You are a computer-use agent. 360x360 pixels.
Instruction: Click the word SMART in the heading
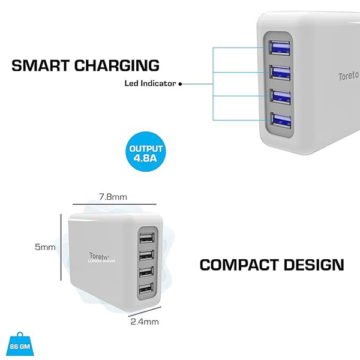coord(41,65)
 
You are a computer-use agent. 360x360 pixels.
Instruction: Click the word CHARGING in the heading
coord(116,65)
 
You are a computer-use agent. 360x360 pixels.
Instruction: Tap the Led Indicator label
coord(150,84)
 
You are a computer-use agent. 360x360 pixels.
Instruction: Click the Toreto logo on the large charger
coord(348,77)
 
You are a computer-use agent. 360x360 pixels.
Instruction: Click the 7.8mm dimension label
coord(113,196)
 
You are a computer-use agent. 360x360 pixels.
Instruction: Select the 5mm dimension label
coord(46,247)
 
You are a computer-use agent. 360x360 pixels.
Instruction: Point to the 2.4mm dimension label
coord(145,322)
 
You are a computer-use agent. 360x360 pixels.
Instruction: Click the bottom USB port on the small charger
coord(145,290)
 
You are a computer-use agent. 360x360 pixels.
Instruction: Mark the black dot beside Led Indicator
coord(180,85)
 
